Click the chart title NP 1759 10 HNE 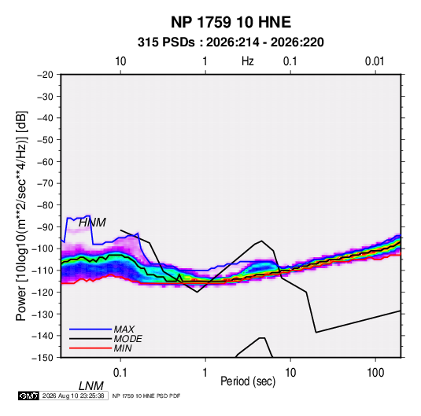[x=231, y=22]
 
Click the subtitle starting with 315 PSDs [x=231, y=42]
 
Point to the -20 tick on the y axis [x=45, y=75]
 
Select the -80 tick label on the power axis [x=45, y=205]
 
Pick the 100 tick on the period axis [x=375, y=372]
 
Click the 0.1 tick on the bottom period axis [x=120, y=372]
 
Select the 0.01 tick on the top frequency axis [x=375, y=61]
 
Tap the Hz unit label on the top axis [x=248, y=61]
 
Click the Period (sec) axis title [x=248, y=381]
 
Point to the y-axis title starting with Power [x=21, y=216]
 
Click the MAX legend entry [x=124, y=329]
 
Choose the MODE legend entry [x=127, y=339]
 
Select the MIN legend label [x=123, y=348]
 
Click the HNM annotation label [x=92, y=223]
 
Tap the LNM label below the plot [x=90, y=386]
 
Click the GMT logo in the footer [x=29, y=396]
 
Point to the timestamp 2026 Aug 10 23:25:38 [x=73, y=396]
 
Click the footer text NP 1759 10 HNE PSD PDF [x=146, y=396]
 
